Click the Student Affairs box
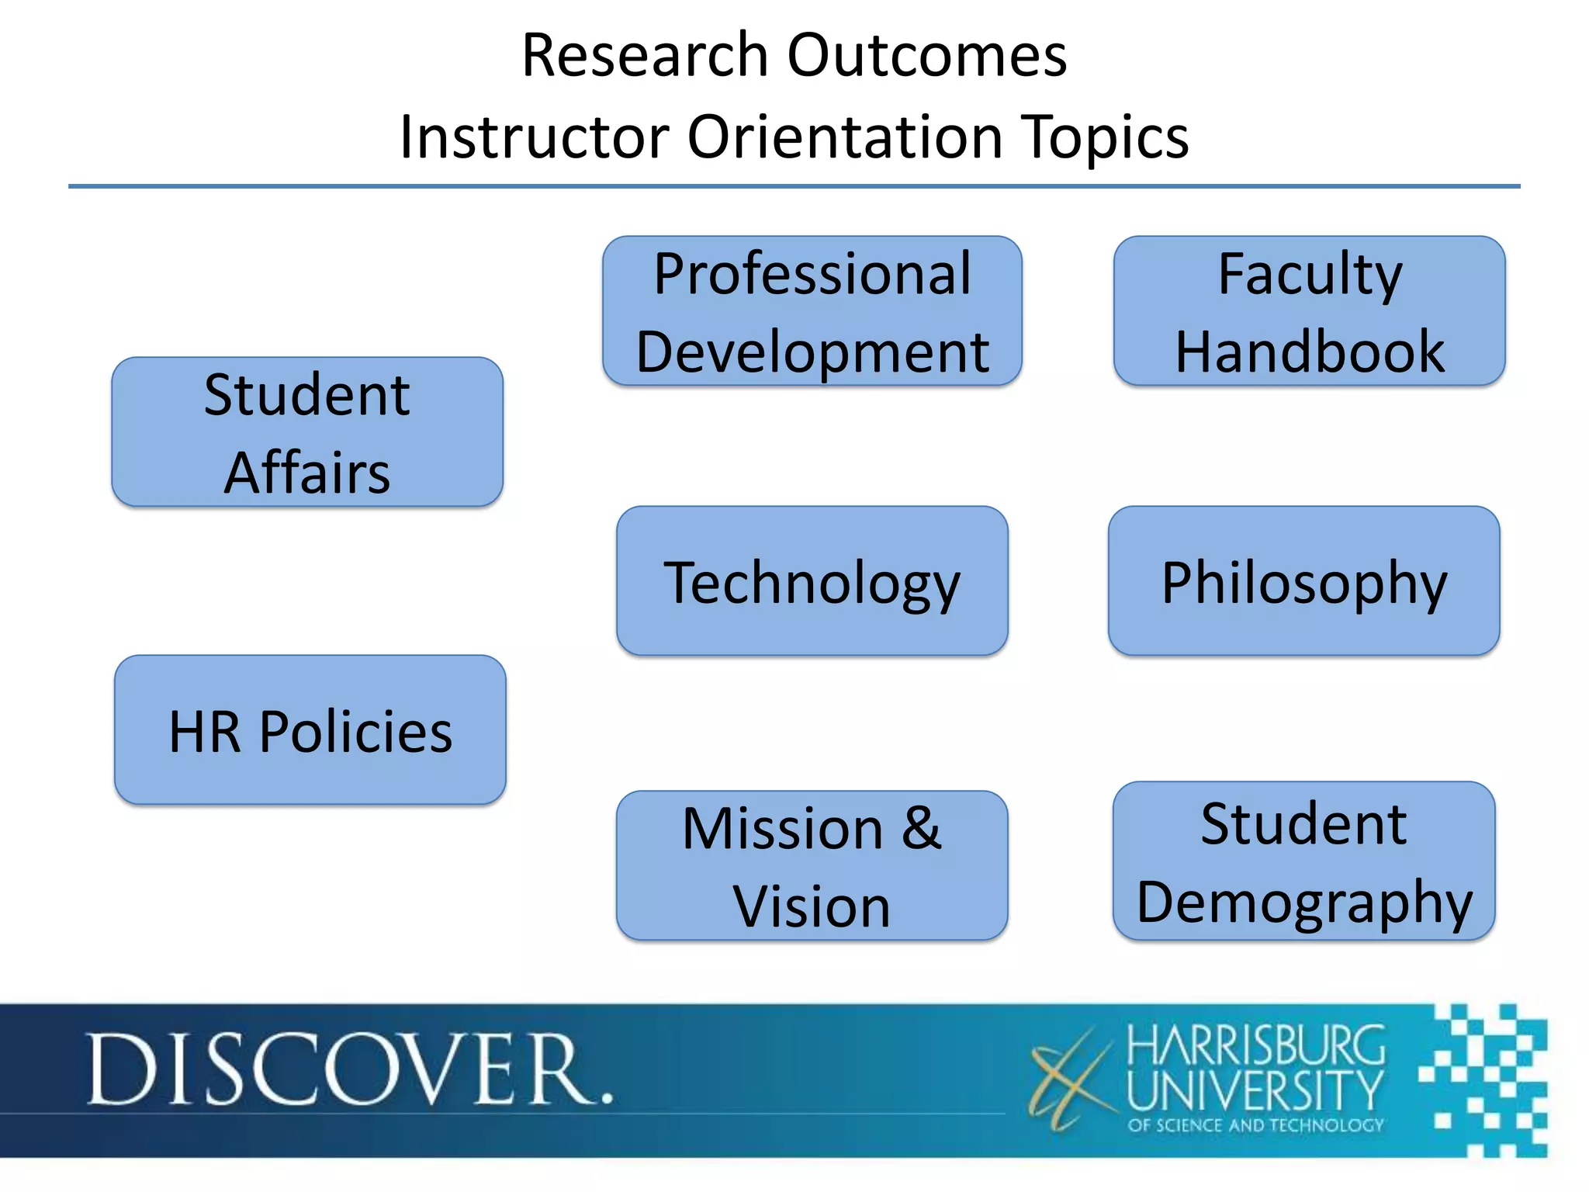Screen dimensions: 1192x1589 pyautogui.click(x=307, y=432)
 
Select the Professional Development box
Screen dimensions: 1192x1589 pyautogui.click(x=812, y=311)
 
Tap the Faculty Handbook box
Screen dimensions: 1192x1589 pyautogui.click(x=1309, y=311)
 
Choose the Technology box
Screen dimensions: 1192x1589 pyautogui.click(x=812, y=581)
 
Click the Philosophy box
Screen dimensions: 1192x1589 pyautogui.click(x=1303, y=581)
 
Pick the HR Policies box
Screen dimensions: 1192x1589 pyautogui.click(x=310, y=730)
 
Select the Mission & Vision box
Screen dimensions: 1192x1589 pyautogui.click(x=812, y=866)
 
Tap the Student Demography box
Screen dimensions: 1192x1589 pyautogui.click(x=1303, y=861)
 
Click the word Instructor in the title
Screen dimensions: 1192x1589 pyautogui.click(x=534, y=137)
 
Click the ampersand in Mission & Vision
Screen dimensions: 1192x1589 pyautogui.click(x=921, y=828)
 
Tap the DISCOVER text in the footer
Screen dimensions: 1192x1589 pyautogui.click(x=349, y=1070)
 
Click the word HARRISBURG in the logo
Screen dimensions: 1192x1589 pyautogui.click(x=1255, y=1045)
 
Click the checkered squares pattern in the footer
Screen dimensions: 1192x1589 pyautogui.click(x=1486, y=1079)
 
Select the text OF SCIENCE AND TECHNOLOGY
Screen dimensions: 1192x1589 pyautogui.click(x=1255, y=1125)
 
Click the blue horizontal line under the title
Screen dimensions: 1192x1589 pyautogui.click(x=794, y=186)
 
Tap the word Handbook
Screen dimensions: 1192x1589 pyautogui.click(x=1309, y=352)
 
